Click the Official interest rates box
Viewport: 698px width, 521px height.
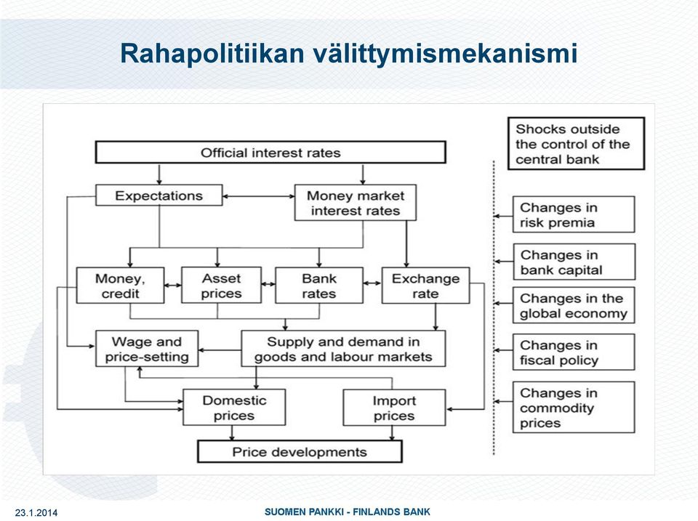(x=270, y=152)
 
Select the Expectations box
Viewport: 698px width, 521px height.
(x=159, y=195)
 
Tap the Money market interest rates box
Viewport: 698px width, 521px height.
(x=356, y=203)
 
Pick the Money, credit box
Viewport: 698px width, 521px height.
(x=120, y=285)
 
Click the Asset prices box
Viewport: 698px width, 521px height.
(x=221, y=285)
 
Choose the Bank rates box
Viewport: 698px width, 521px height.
(x=319, y=285)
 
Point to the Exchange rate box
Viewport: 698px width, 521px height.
(x=425, y=285)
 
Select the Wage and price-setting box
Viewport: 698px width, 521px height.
(x=147, y=348)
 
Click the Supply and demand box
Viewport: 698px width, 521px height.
(x=343, y=348)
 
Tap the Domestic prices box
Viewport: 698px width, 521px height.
(x=234, y=407)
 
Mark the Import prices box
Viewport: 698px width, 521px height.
(x=394, y=407)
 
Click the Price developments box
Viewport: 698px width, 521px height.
(x=300, y=451)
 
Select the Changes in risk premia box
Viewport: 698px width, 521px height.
(x=574, y=214)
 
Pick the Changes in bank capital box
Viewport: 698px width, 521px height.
(x=574, y=262)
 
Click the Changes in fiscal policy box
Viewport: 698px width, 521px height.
(x=574, y=352)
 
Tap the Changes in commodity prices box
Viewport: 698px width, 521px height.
(x=574, y=407)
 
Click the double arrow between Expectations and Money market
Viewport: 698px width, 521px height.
(x=259, y=196)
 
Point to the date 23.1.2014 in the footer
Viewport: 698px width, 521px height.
(x=36, y=512)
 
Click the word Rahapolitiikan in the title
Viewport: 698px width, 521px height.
(x=212, y=53)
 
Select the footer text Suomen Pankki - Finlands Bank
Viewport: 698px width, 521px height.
(x=348, y=512)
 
